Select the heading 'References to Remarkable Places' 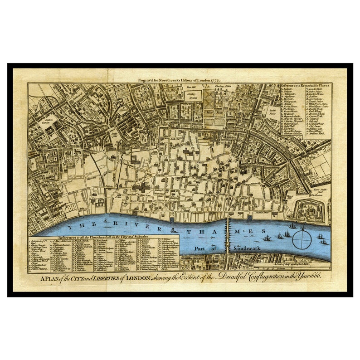[305, 85]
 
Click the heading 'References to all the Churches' [103, 237]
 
